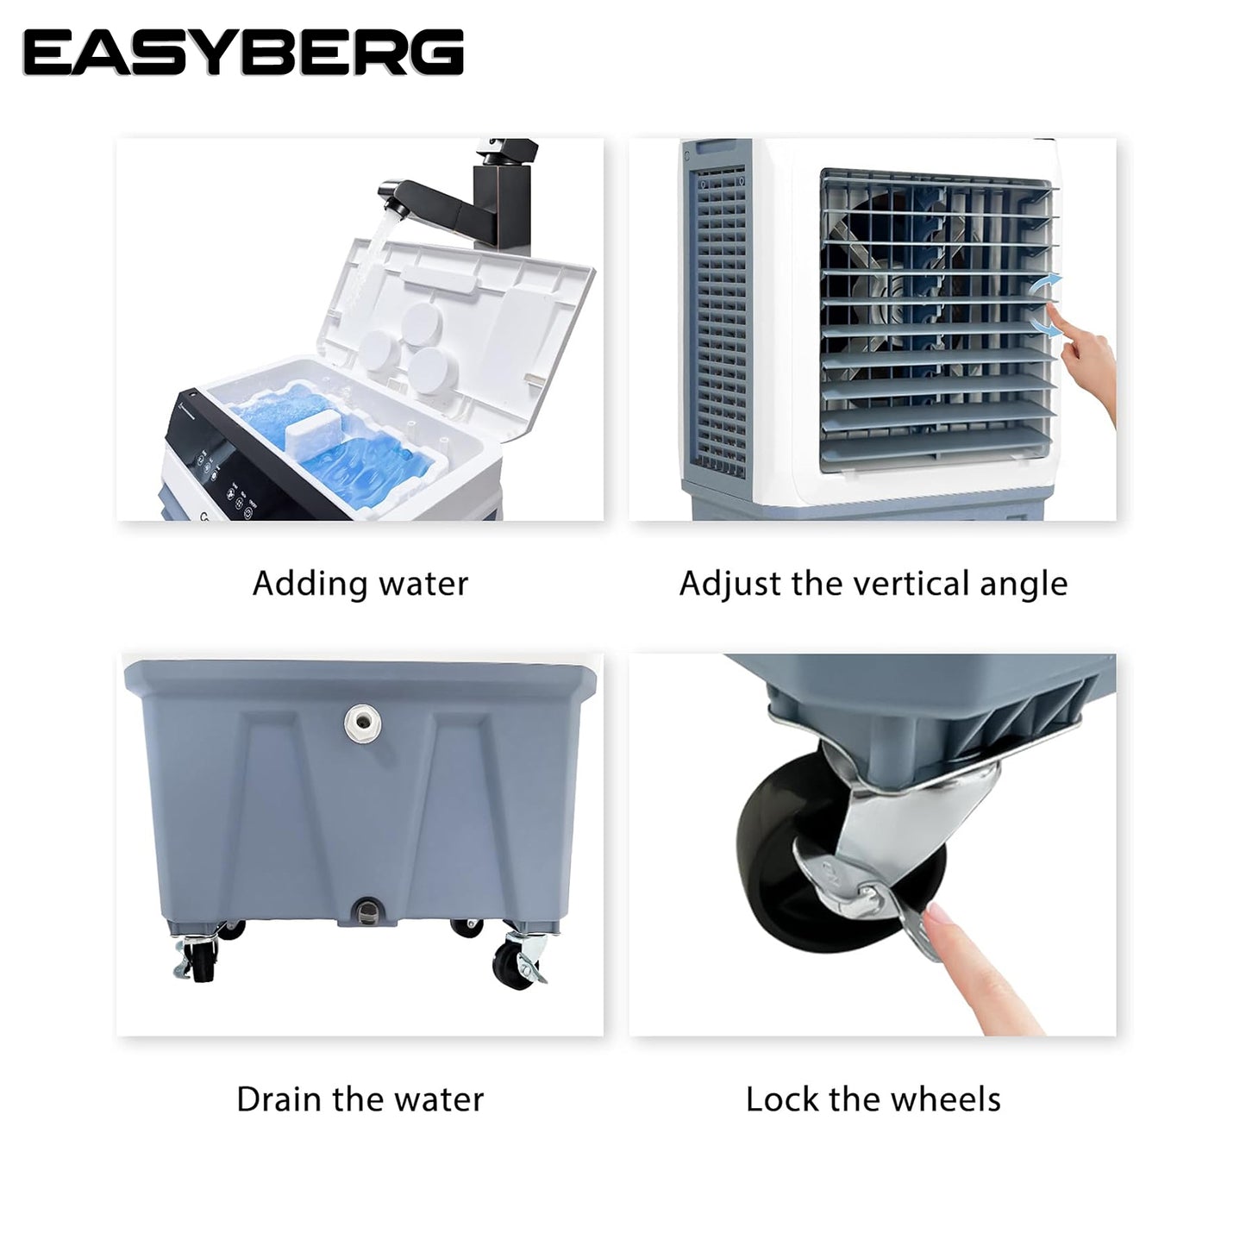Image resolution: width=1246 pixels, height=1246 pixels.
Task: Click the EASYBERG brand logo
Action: pyautogui.click(x=243, y=53)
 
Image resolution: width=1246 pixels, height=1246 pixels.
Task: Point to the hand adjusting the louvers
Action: pyautogui.click(x=1087, y=366)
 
